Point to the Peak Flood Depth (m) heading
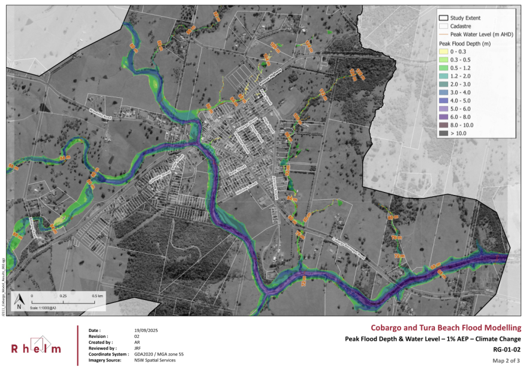(465, 44)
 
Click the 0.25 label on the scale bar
(64, 296)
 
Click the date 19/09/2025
(146, 331)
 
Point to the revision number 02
(138, 337)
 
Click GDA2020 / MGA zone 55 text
(160, 354)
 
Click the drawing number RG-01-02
(506, 349)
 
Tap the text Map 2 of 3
(506, 361)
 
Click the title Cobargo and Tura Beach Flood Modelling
(446, 328)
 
